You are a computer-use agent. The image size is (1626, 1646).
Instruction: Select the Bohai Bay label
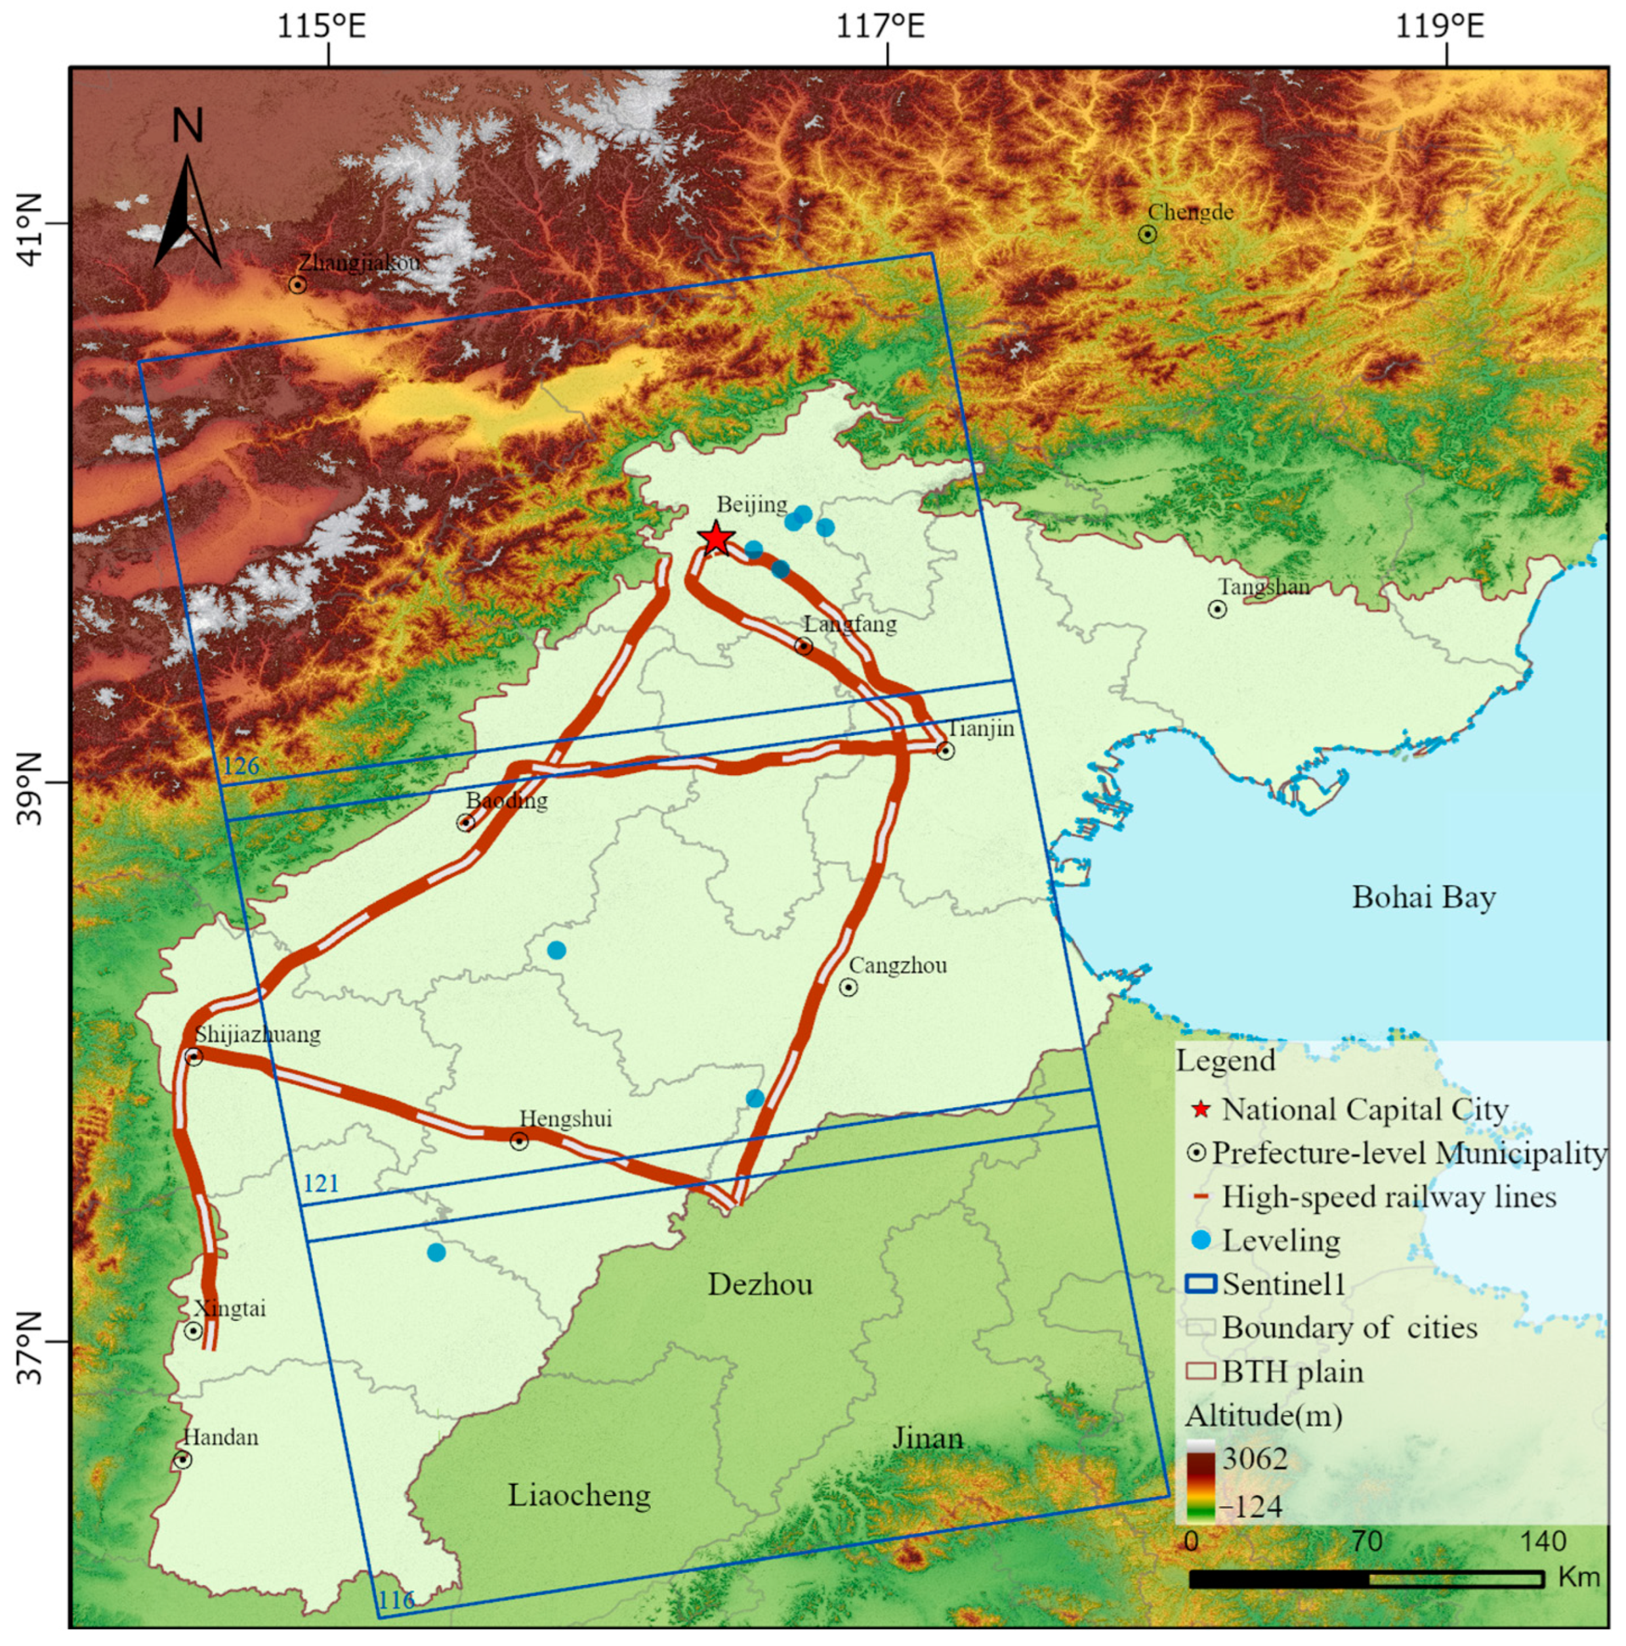pos(1423,897)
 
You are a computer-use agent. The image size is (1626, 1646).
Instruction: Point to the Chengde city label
pos(1190,212)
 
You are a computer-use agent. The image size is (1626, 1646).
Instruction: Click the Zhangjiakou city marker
pos(297,285)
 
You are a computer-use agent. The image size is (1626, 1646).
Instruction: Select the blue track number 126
pos(240,766)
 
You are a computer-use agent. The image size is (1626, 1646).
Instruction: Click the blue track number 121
pos(320,1183)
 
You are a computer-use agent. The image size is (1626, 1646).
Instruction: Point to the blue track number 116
pos(396,1600)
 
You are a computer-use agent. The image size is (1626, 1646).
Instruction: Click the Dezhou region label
pos(760,1284)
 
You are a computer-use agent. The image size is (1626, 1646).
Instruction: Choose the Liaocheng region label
pos(579,1494)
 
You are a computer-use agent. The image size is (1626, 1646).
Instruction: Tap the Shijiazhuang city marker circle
pos(194,1057)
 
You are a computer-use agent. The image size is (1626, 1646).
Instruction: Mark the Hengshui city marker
pos(519,1141)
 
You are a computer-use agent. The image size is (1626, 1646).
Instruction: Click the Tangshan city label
pos(1263,587)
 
